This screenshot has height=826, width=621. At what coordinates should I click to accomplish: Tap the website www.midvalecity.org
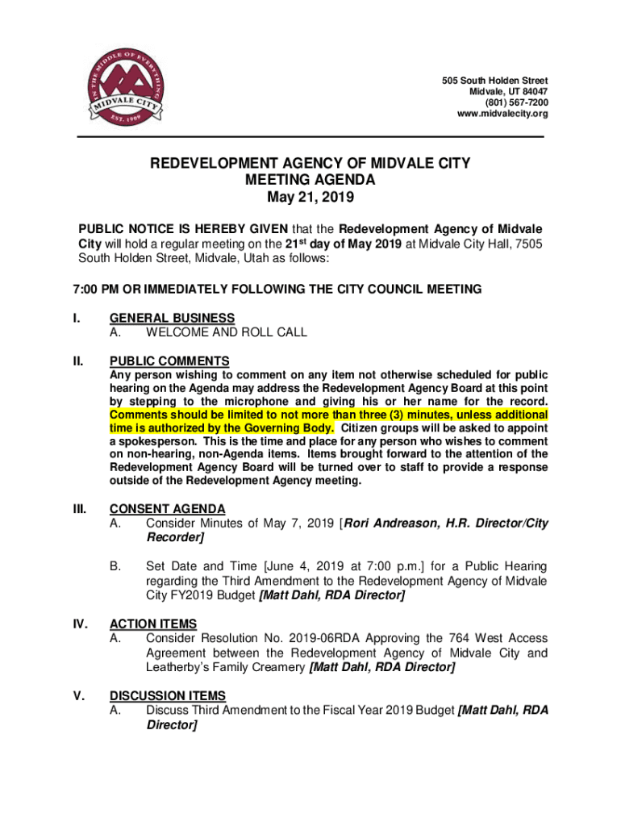point(502,115)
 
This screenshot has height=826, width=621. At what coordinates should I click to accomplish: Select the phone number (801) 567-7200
point(515,103)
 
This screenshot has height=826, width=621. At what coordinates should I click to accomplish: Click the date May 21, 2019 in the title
point(310,196)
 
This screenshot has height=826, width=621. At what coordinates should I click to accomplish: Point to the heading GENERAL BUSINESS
point(172,318)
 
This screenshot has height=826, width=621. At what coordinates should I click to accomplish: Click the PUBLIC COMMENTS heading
point(169,361)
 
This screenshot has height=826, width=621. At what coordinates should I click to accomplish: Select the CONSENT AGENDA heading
point(167,509)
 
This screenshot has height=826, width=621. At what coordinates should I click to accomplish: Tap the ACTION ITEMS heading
point(152,624)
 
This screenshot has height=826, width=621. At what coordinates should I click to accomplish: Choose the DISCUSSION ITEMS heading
point(167,696)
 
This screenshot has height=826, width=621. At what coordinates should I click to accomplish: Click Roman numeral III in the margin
point(78,509)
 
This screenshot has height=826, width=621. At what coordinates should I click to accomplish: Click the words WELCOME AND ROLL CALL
point(226,332)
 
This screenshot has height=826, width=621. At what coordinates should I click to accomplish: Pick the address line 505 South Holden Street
point(494,81)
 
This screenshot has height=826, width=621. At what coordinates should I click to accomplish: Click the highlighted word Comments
point(138,415)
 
